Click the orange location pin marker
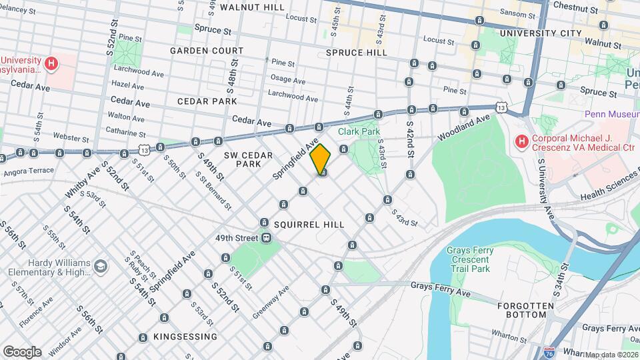point(321,159)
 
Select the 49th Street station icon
point(266,237)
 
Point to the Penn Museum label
point(611,114)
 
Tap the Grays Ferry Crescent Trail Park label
point(469,259)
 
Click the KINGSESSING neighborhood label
point(185,337)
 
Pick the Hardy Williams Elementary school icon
point(100,267)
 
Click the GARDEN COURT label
point(206,51)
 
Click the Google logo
point(22,351)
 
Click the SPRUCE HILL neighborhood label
point(357,53)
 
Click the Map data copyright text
point(611,355)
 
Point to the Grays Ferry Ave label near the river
point(441,291)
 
